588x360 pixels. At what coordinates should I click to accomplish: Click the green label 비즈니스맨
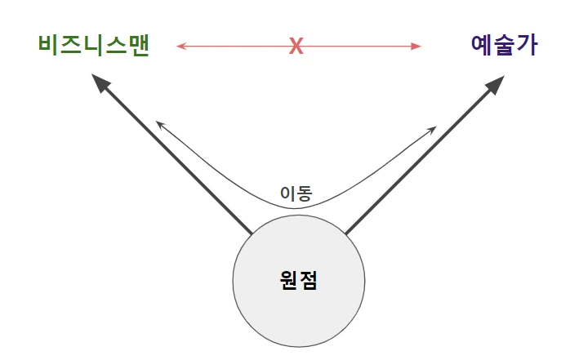click(93, 44)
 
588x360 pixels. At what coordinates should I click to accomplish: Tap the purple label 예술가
click(505, 44)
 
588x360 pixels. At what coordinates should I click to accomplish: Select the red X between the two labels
click(296, 47)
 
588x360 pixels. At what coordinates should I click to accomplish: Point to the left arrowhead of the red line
click(180, 47)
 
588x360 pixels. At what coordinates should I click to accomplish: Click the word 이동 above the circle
click(296, 193)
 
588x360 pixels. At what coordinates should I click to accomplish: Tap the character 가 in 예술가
click(528, 44)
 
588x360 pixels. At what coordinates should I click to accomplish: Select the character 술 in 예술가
click(505, 44)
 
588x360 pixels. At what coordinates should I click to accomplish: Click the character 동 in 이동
click(305, 193)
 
